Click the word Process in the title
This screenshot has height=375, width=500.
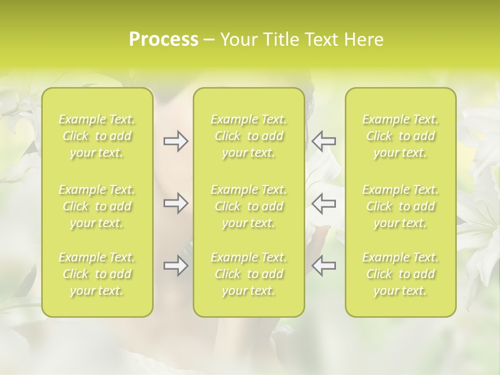164,40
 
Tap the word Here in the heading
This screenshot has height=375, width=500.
364,40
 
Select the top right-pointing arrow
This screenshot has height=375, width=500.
176,141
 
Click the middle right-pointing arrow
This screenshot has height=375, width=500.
176,203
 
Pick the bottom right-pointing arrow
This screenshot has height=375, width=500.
176,266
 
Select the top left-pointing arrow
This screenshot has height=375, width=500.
324,141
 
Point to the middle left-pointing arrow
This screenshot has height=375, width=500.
324,203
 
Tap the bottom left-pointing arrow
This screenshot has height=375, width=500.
324,266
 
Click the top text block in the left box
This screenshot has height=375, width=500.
97,136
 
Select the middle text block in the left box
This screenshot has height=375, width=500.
97,206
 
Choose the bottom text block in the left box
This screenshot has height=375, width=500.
97,274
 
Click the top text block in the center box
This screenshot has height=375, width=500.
249,136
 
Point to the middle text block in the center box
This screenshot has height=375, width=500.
249,206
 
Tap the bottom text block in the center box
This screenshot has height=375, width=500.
249,274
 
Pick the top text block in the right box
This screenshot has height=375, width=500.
401,136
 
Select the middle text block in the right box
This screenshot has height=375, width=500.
401,206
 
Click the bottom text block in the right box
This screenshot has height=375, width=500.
401,274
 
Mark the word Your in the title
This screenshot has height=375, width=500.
237,40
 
